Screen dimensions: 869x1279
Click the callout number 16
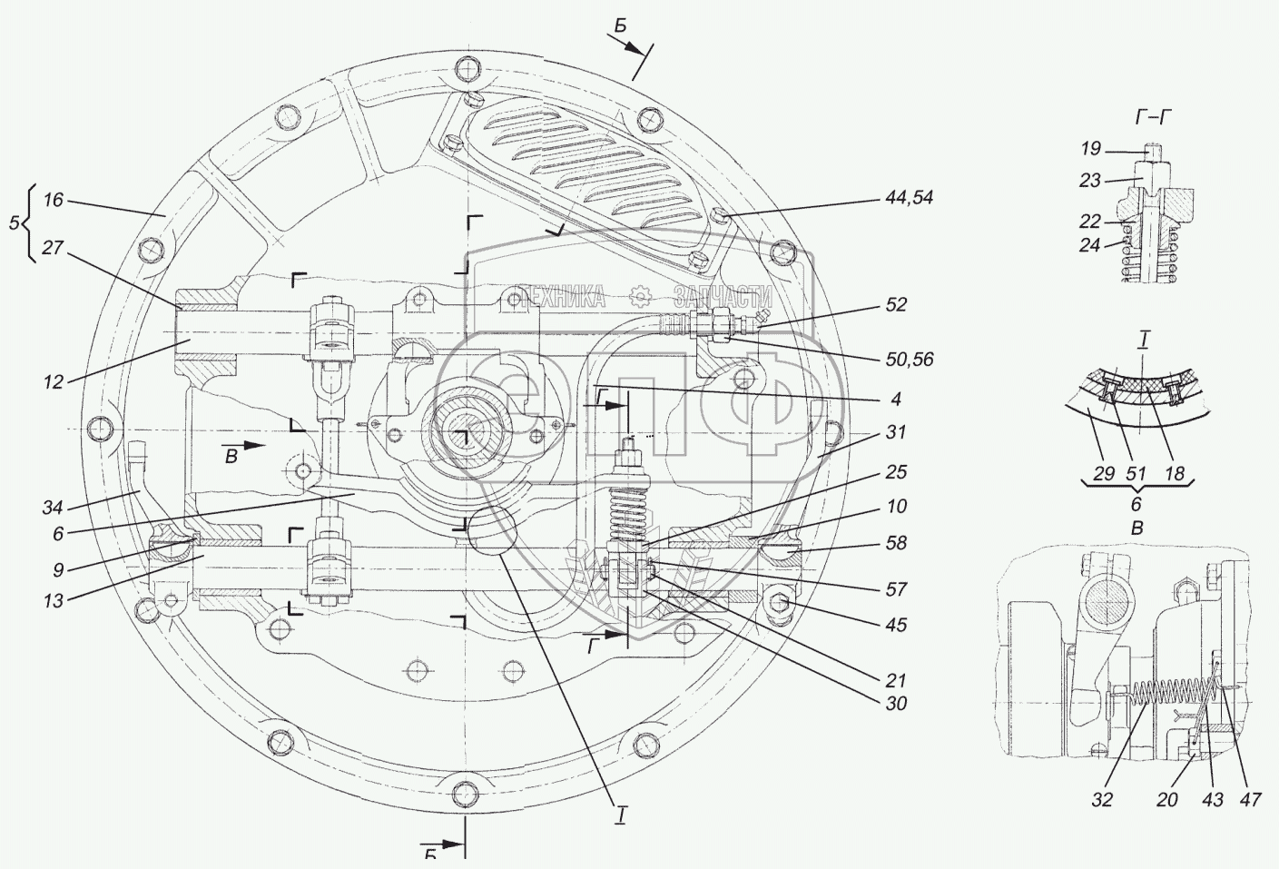pyautogui.click(x=54, y=200)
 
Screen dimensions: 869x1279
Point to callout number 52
pyautogui.click(x=895, y=305)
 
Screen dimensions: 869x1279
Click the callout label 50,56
pyautogui.click(x=908, y=360)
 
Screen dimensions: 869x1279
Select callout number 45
pyautogui.click(x=896, y=625)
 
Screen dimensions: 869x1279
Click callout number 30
pyautogui.click(x=894, y=704)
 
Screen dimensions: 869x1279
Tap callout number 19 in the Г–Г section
pyautogui.click(x=1090, y=148)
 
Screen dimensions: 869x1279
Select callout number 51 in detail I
pyautogui.click(x=1136, y=473)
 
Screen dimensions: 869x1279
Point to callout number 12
pyautogui.click(x=53, y=381)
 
